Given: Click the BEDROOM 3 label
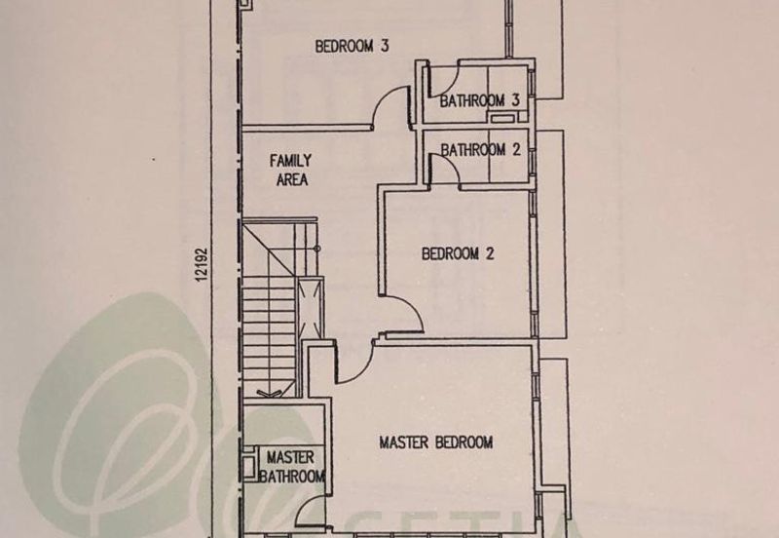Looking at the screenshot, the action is pos(352,46).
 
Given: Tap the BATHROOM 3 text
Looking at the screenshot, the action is pos(479,101).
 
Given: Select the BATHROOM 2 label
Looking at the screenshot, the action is pos(480,150).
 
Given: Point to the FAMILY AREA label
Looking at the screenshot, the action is pos(291,170).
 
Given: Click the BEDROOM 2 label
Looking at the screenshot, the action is pos(458,253).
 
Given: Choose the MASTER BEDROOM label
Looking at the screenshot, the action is pos(436,442).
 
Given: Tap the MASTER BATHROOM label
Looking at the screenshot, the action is pos(291,467).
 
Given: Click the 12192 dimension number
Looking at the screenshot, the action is pos(201,265).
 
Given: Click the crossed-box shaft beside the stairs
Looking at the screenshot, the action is pos(310,308).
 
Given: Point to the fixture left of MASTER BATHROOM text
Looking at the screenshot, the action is pos(249,463).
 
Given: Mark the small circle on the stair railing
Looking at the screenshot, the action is pos(315,248).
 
